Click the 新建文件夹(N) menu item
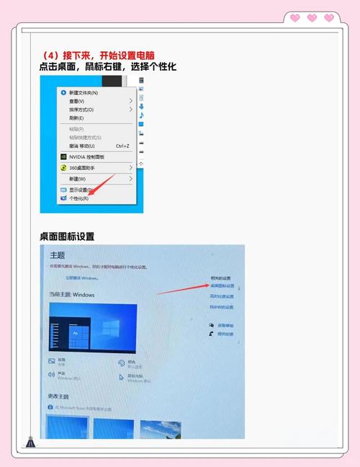click(84, 93)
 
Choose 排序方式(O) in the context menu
click(81, 110)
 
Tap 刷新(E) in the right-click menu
click(76, 117)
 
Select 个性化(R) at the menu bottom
click(78, 197)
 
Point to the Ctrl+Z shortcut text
click(122, 146)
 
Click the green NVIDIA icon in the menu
click(63, 156)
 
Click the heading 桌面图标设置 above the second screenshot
click(67, 236)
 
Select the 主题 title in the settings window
click(58, 255)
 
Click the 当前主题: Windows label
click(72, 295)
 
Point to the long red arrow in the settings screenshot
click(181, 288)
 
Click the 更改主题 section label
click(58, 396)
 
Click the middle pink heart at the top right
click(312, 17)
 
